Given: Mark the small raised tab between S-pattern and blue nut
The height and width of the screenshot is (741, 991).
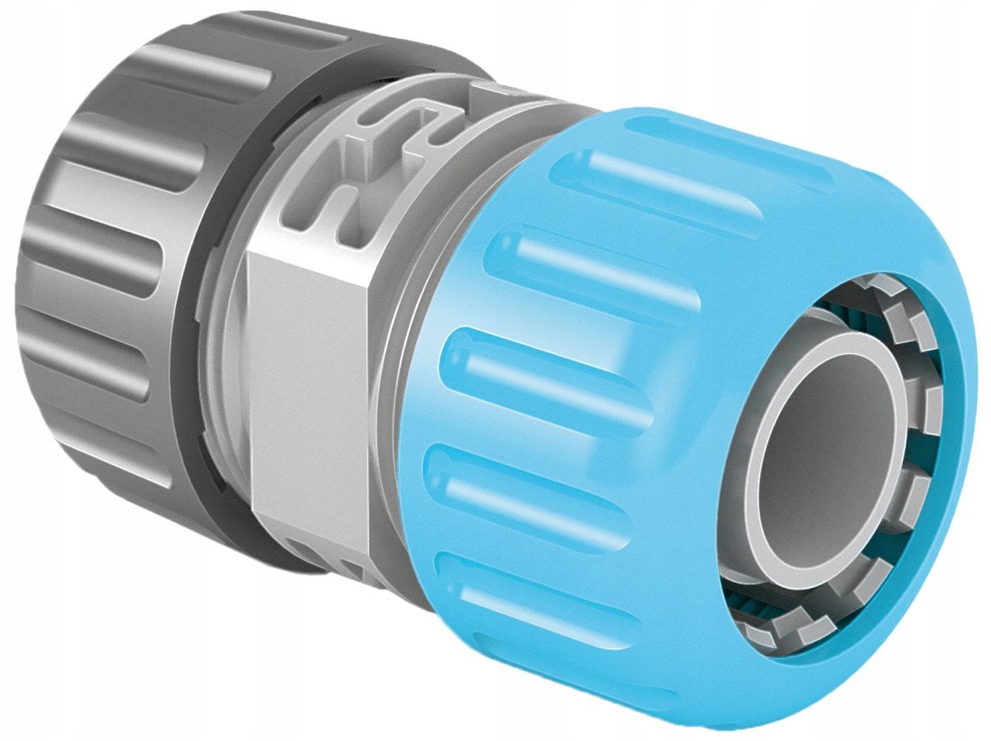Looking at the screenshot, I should click(x=488, y=95).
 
